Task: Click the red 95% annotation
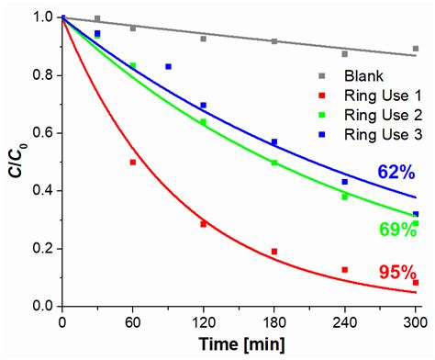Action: tap(396, 272)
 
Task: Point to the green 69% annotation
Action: tap(396, 229)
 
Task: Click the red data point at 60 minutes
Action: tap(133, 163)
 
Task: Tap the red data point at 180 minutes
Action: tap(273, 251)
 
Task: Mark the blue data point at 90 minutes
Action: tap(168, 66)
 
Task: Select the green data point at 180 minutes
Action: tap(273, 163)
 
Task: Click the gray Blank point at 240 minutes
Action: tap(344, 54)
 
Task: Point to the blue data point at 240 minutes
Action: tap(344, 182)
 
